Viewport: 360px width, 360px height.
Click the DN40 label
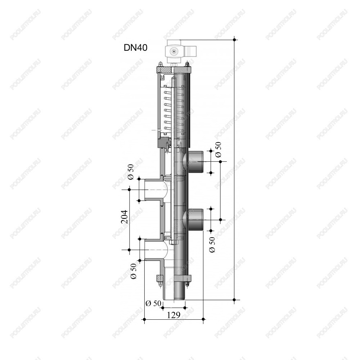[x=135, y=48]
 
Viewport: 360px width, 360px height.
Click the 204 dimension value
[x=124, y=217]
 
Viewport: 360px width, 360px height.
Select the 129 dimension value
[x=174, y=315]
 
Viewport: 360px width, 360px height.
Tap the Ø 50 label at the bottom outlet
[x=153, y=303]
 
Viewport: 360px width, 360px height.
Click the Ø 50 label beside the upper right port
[x=218, y=149]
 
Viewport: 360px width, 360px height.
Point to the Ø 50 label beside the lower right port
[x=212, y=245]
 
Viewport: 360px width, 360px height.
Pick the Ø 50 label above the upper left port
[x=131, y=172]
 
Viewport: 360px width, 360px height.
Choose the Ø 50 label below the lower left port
[x=134, y=271]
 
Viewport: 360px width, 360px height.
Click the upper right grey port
[x=195, y=162]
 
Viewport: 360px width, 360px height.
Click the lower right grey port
[x=195, y=220]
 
